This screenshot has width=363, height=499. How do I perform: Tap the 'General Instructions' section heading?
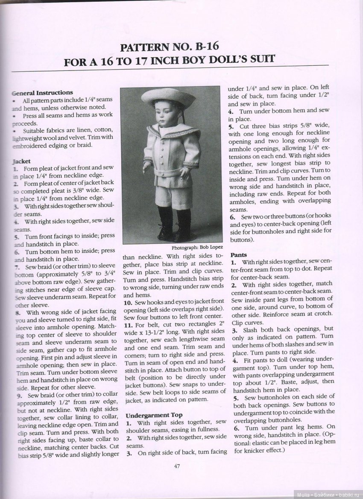[x=43, y=92]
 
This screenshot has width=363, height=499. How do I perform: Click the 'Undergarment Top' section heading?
[x=154, y=415]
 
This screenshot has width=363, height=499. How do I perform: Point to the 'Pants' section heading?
[x=239, y=254]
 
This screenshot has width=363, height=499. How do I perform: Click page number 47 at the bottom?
[x=176, y=466]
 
